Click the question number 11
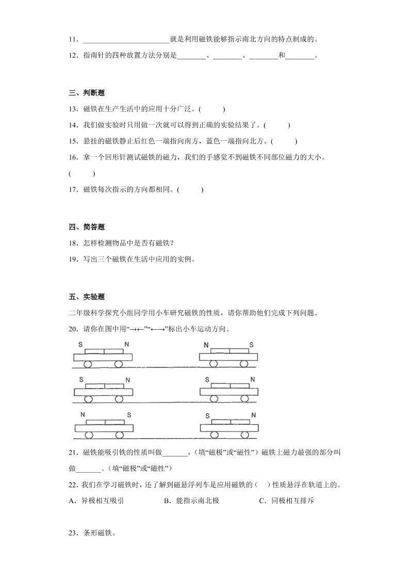tap(73, 39)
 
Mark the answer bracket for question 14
tap(276, 125)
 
